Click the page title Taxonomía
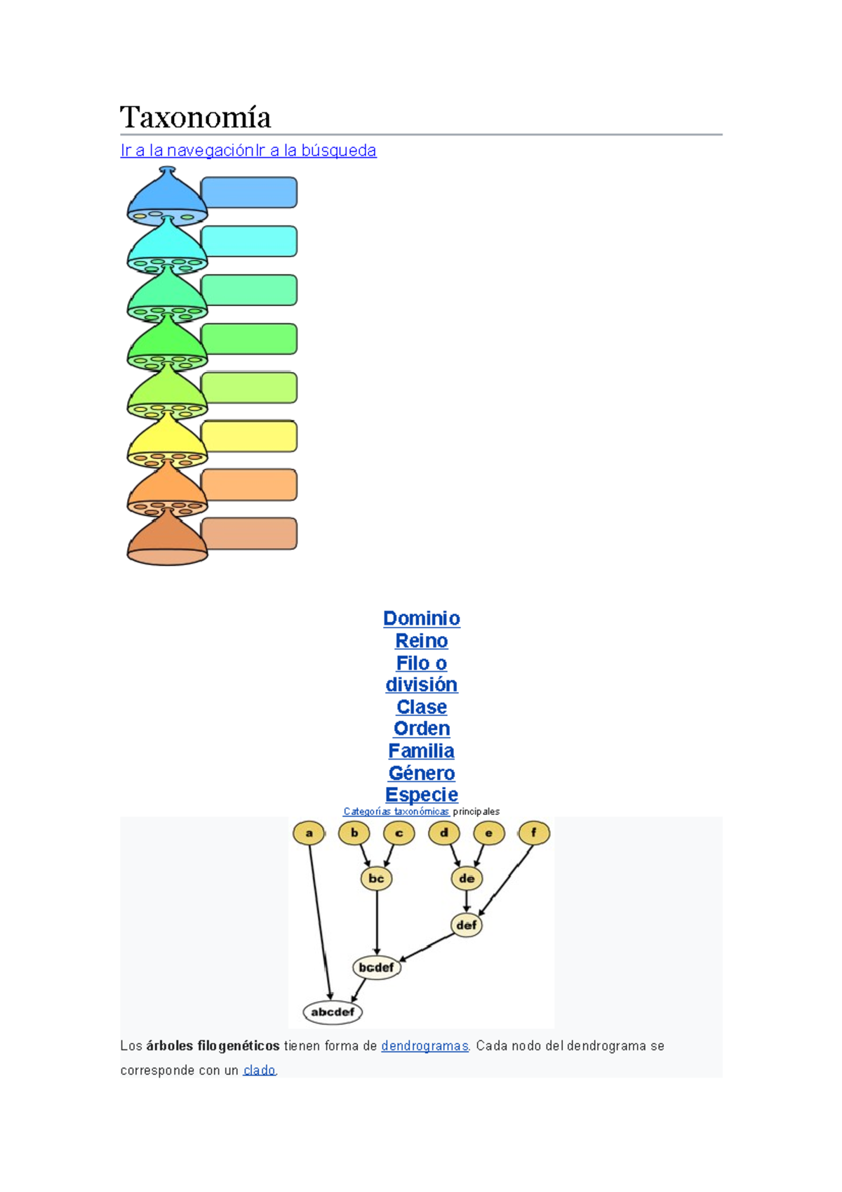pyautogui.click(x=195, y=117)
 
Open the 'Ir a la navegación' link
pyautogui.click(x=187, y=150)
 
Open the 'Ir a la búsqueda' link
pyautogui.click(x=316, y=150)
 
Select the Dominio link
pyautogui.click(x=421, y=618)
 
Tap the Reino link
pyautogui.click(x=421, y=641)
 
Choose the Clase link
pyautogui.click(x=421, y=707)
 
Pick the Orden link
pyautogui.click(x=421, y=729)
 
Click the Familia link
pyautogui.click(x=421, y=751)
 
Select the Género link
pyautogui.click(x=421, y=773)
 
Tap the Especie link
pyautogui.click(x=421, y=795)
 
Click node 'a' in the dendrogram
pyautogui.click(x=309, y=833)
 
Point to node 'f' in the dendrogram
pyautogui.click(x=534, y=833)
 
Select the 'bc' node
pyautogui.click(x=376, y=878)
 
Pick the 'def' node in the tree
pyautogui.click(x=467, y=925)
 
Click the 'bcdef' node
pyautogui.click(x=376, y=967)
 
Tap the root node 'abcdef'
pyautogui.click(x=333, y=1012)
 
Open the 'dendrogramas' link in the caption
pyautogui.click(x=425, y=1046)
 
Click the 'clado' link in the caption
pyautogui.click(x=259, y=1071)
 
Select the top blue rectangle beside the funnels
pyautogui.click(x=249, y=192)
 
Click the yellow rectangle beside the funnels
pyautogui.click(x=249, y=437)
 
